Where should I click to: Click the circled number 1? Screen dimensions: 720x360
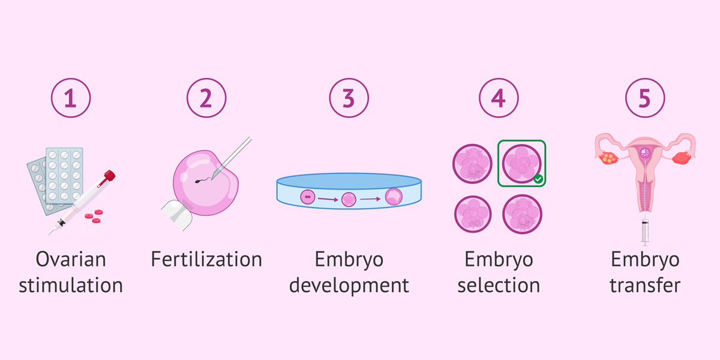point(71,98)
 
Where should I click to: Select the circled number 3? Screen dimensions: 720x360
point(349,98)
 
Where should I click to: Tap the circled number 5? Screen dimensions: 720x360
point(645,98)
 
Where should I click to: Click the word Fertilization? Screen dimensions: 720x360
point(206,259)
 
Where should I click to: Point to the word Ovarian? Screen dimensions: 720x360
point(71,259)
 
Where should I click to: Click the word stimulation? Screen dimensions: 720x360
point(71,285)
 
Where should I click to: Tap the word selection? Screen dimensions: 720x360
point(499,285)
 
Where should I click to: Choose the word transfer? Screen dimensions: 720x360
point(645,285)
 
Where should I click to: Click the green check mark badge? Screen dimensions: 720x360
point(538,179)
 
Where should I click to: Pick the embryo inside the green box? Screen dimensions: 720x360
point(521,164)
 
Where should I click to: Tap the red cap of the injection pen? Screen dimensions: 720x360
point(109,176)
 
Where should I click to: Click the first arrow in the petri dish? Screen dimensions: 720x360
point(328,200)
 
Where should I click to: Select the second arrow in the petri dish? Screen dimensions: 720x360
point(370,199)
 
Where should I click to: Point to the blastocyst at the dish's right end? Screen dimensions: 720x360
point(394,197)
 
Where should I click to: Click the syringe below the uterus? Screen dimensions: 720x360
point(645,230)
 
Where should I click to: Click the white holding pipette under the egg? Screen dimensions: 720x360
point(178,215)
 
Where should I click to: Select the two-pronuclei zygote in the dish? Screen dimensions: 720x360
point(308,197)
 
